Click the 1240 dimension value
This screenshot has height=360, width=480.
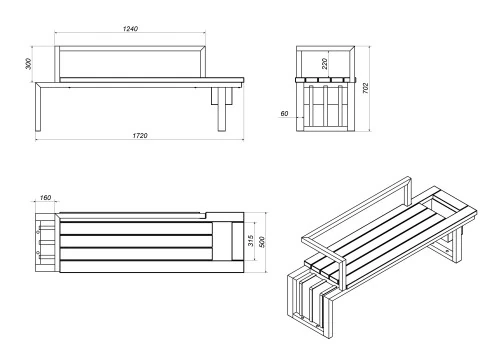point(130,29)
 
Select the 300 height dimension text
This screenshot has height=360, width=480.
point(29,63)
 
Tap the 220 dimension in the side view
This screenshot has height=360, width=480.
point(324,62)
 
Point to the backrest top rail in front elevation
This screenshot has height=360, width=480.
point(130,47)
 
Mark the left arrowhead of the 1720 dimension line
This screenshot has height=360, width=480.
point(37,139)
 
